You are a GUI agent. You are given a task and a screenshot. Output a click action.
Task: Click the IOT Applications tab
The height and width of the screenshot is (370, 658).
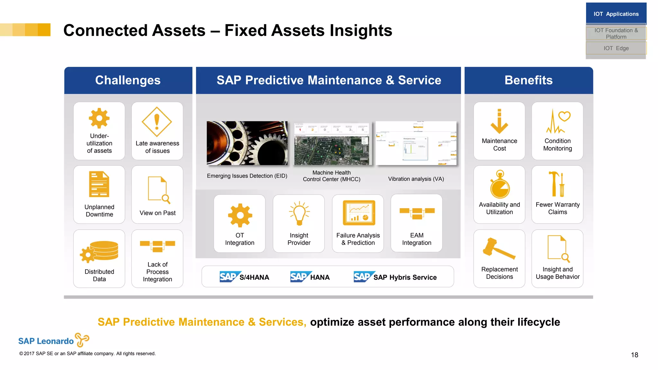[616, 14]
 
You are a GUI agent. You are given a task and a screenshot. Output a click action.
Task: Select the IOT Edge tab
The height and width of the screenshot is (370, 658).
[616, 48]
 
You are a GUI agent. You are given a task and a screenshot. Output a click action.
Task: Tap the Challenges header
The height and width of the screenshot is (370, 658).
[128, 80]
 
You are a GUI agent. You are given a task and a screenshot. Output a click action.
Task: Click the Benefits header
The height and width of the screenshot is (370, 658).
[529, 80]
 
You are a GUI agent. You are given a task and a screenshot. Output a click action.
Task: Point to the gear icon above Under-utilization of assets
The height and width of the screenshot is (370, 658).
[99, 118]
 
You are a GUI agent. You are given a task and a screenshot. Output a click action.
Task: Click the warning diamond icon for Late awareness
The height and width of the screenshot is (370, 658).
[157, 122]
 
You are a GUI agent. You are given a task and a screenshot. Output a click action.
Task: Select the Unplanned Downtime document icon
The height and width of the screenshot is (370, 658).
[99, 184]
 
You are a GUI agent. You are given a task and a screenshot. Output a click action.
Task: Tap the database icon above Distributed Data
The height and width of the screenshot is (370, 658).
[100, 251]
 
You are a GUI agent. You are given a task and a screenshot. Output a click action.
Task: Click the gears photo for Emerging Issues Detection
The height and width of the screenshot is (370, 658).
[247, 143]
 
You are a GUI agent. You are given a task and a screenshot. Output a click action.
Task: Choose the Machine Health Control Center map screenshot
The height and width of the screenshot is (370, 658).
[332, 144]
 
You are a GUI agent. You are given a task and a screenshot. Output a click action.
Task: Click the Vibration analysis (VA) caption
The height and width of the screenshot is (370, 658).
[416, 179]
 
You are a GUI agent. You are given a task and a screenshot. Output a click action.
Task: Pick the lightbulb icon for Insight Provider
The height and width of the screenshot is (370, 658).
[299, 213]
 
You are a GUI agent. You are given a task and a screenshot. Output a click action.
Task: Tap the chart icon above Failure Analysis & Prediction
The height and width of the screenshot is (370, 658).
[359, 213]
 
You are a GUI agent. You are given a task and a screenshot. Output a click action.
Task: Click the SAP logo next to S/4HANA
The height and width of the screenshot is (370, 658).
[229, 277]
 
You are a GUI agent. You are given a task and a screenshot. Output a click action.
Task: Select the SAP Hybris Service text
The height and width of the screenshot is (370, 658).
[405, 277]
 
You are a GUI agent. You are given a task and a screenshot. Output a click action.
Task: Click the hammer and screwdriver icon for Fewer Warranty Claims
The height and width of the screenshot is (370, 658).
[557, 184]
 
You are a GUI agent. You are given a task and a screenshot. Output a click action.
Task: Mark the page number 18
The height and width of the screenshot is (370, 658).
[634, 355]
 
